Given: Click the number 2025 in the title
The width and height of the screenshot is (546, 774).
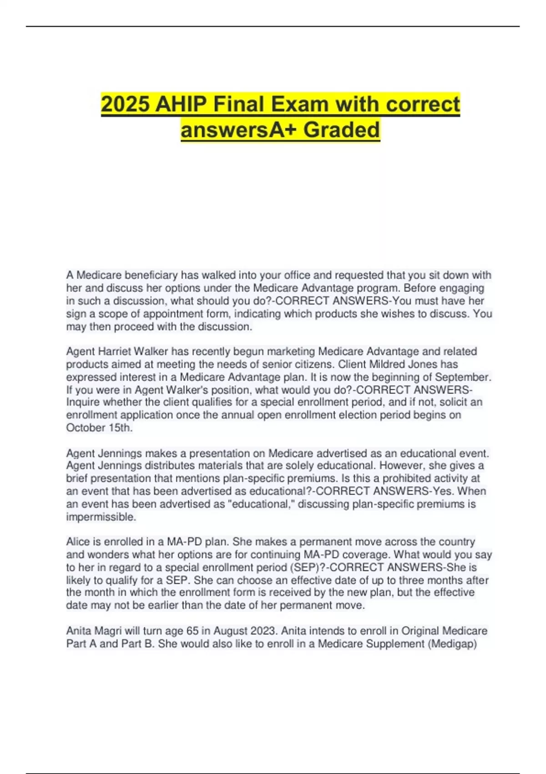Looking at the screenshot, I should pyautogui.click(x=125, y=104).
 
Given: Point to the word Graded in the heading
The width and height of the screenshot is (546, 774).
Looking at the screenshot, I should pyautogui.click(x=341, y=129).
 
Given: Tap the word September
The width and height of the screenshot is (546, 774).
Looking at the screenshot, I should pyautogui.click(x=463, y=377).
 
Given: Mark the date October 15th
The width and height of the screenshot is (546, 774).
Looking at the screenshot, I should pyautogui.click(x=99, y=428).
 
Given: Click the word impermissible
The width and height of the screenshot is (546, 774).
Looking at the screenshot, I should pyautogui.click(x=101, y=517).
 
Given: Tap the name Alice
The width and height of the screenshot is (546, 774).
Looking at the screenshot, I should pyautogui.click(x=78, y=542).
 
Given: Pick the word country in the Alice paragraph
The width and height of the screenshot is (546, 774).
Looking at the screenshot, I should pyautogui.click(x=456, y=542).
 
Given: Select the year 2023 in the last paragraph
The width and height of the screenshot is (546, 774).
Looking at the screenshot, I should pyautogui.click(x=262, y=631).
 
